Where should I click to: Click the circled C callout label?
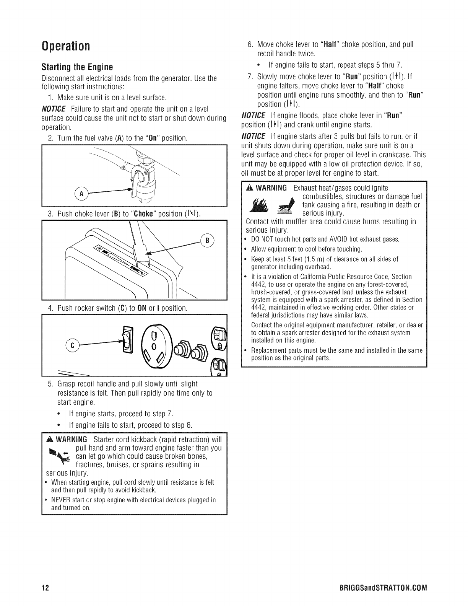71,344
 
